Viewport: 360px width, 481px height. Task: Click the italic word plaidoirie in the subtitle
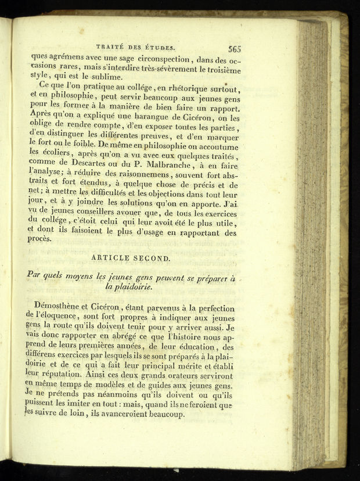(129, 287)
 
